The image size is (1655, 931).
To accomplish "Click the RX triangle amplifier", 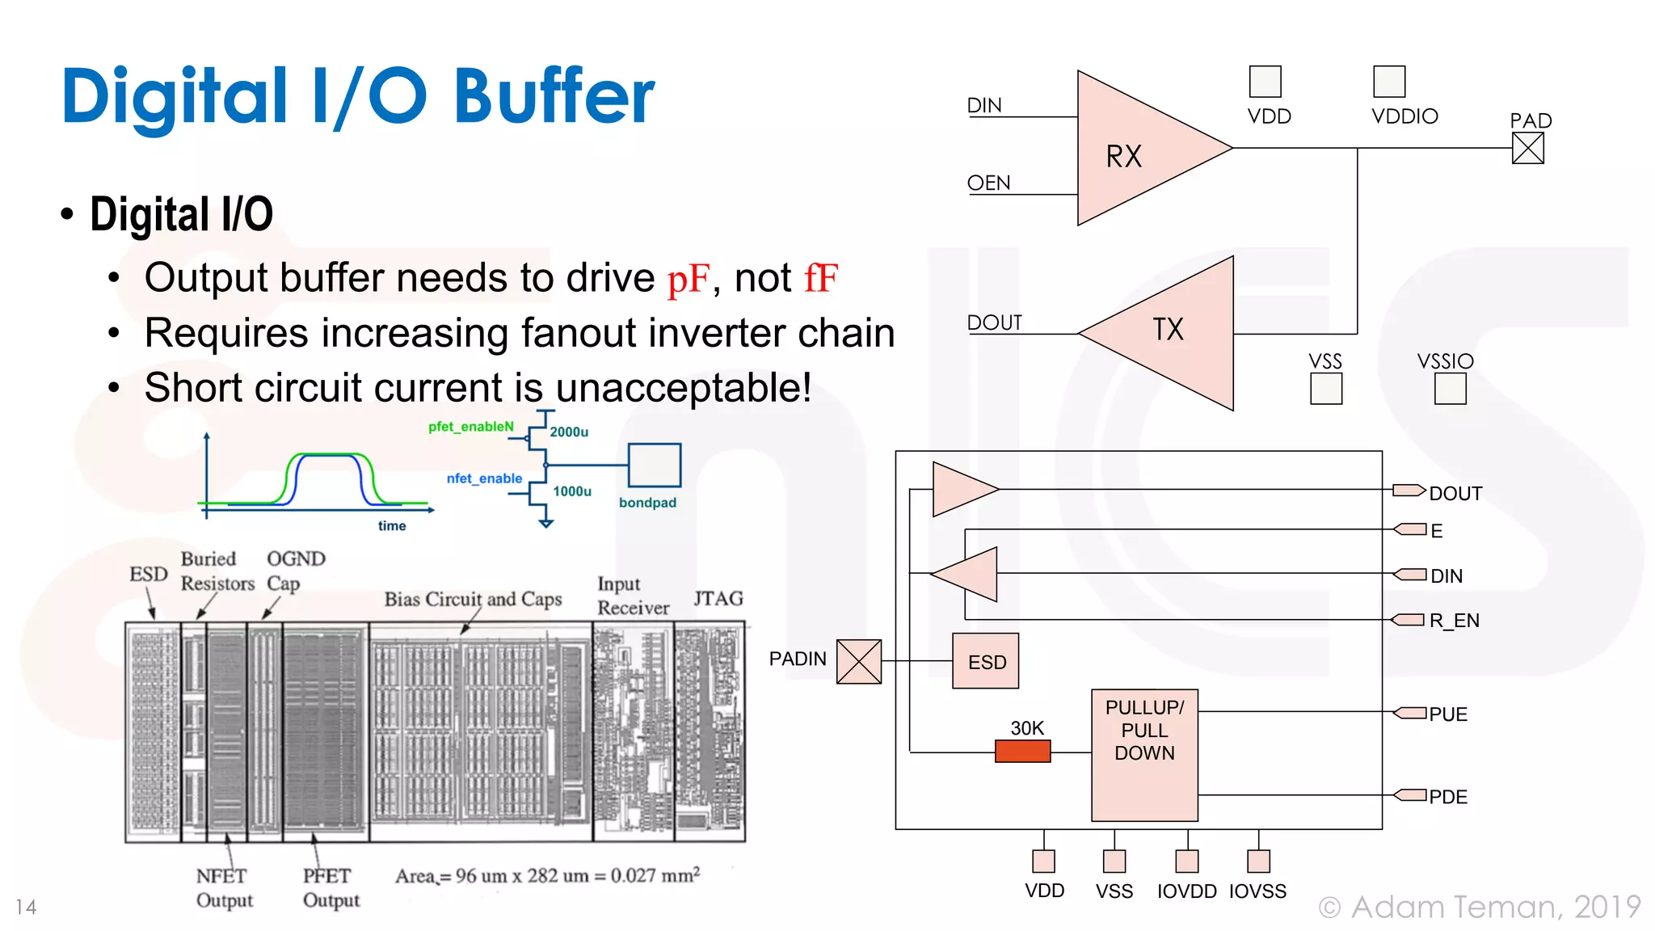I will coord(1139,150).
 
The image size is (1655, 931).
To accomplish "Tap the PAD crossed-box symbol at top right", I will coord(1527,148).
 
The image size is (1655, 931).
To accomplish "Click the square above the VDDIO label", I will coord(1389,82).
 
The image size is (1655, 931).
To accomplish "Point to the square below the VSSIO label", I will coord(1450,389).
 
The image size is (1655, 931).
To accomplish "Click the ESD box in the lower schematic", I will coord(985,661).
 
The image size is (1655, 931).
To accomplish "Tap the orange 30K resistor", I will coord(1022,752).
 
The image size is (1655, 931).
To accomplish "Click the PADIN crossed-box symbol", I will coord(858,661).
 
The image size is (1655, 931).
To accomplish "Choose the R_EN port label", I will coord(1454,621).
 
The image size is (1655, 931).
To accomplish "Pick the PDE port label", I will coord(1447,797).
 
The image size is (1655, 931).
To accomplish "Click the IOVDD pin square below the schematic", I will coord(1186,861).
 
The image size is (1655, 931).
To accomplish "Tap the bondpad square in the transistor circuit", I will coord(655,465).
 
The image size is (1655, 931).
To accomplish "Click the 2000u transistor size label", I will coord(569,432).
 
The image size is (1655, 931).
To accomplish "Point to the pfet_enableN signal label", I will coord(470,427).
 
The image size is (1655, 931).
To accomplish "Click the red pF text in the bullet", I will coord(688,279).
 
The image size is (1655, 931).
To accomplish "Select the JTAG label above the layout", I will coord(718,599).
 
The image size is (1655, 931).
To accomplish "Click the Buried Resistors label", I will coord(217,571).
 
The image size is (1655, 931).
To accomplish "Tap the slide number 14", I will coord(26,908).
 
